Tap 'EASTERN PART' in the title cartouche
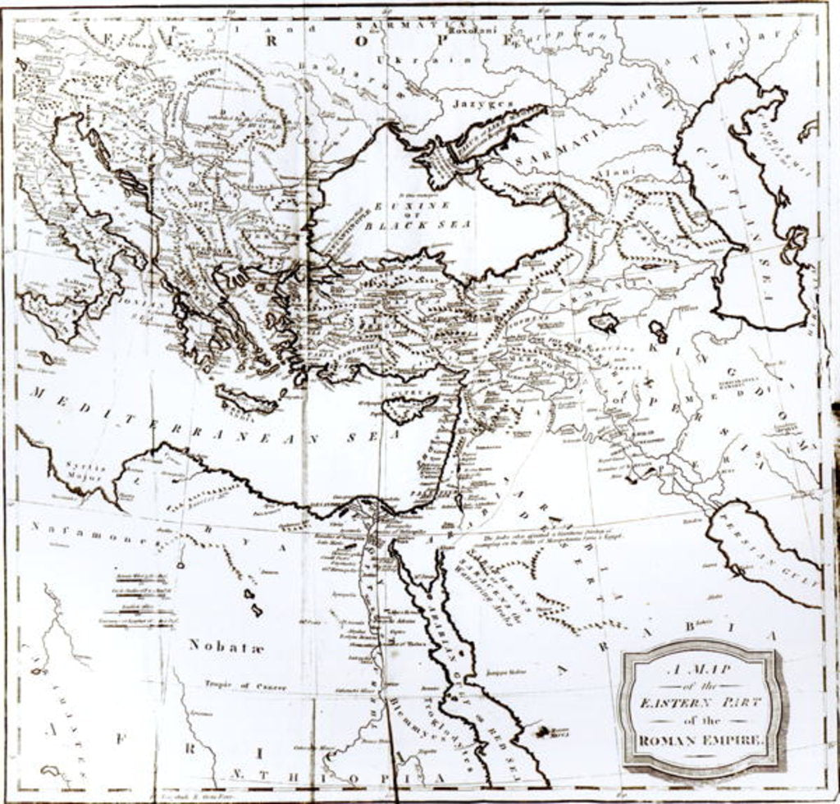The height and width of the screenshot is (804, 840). (701, 702)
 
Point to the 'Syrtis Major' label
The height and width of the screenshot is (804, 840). (83, 471)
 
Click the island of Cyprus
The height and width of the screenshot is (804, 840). (411, 409)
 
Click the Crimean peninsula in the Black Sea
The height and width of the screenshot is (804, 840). (444, 156)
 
